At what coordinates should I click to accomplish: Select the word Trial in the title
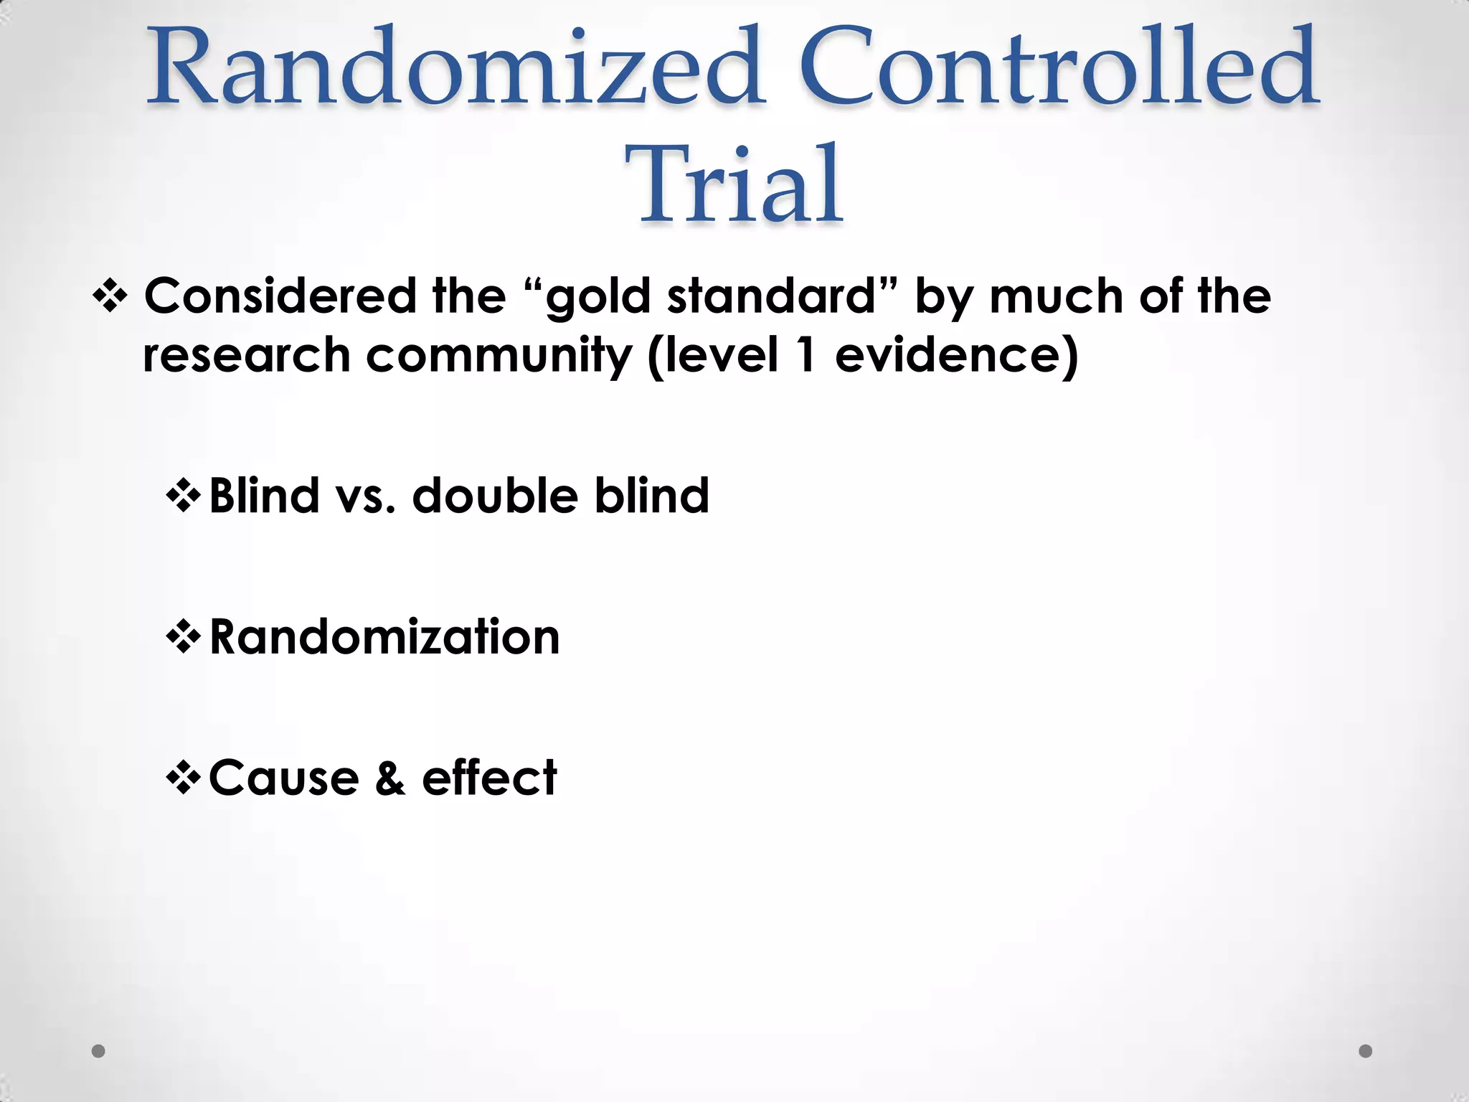pos(734,185)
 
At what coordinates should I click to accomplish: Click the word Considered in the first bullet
pos(280,296)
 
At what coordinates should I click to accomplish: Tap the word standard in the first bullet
pos(772,296)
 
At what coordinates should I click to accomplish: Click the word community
pos(498,356)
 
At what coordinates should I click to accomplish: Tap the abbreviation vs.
pos(365,496)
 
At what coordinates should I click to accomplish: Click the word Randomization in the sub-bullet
pos(384,637)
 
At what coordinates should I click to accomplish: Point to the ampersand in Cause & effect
pos(389,778)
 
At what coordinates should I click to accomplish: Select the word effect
pos(489,778)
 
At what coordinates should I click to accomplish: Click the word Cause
pos(284,778)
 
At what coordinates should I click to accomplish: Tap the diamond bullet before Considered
pos(110,296)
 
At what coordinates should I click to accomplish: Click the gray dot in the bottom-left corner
pos(99,1051)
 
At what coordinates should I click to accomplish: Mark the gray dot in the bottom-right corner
pos(1366,1051)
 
